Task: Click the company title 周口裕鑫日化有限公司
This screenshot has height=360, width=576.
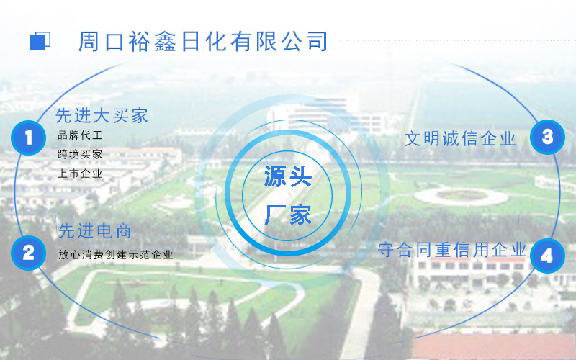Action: [203, 41]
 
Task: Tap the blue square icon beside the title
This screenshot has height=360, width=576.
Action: [40, 41]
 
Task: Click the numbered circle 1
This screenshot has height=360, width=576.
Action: [29, 137]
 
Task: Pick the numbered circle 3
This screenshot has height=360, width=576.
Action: [547, 137]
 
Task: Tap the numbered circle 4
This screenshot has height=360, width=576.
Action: [547, 256]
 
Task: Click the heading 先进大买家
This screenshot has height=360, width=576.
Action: [102, 115]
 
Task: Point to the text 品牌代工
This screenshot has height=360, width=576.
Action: [80, 135]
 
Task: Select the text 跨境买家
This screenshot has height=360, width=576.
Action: [80, 154]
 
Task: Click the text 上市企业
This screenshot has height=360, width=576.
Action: [80, 174]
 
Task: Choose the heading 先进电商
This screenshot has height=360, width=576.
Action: [94, 231]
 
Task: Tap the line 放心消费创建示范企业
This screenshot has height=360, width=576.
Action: [115, 254]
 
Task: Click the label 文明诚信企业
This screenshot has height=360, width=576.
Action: [460, 138]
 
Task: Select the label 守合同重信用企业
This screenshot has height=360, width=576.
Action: [452, 250]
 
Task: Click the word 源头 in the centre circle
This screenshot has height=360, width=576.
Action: [287, 177]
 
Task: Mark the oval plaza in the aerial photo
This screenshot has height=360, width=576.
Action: [461, 195]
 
